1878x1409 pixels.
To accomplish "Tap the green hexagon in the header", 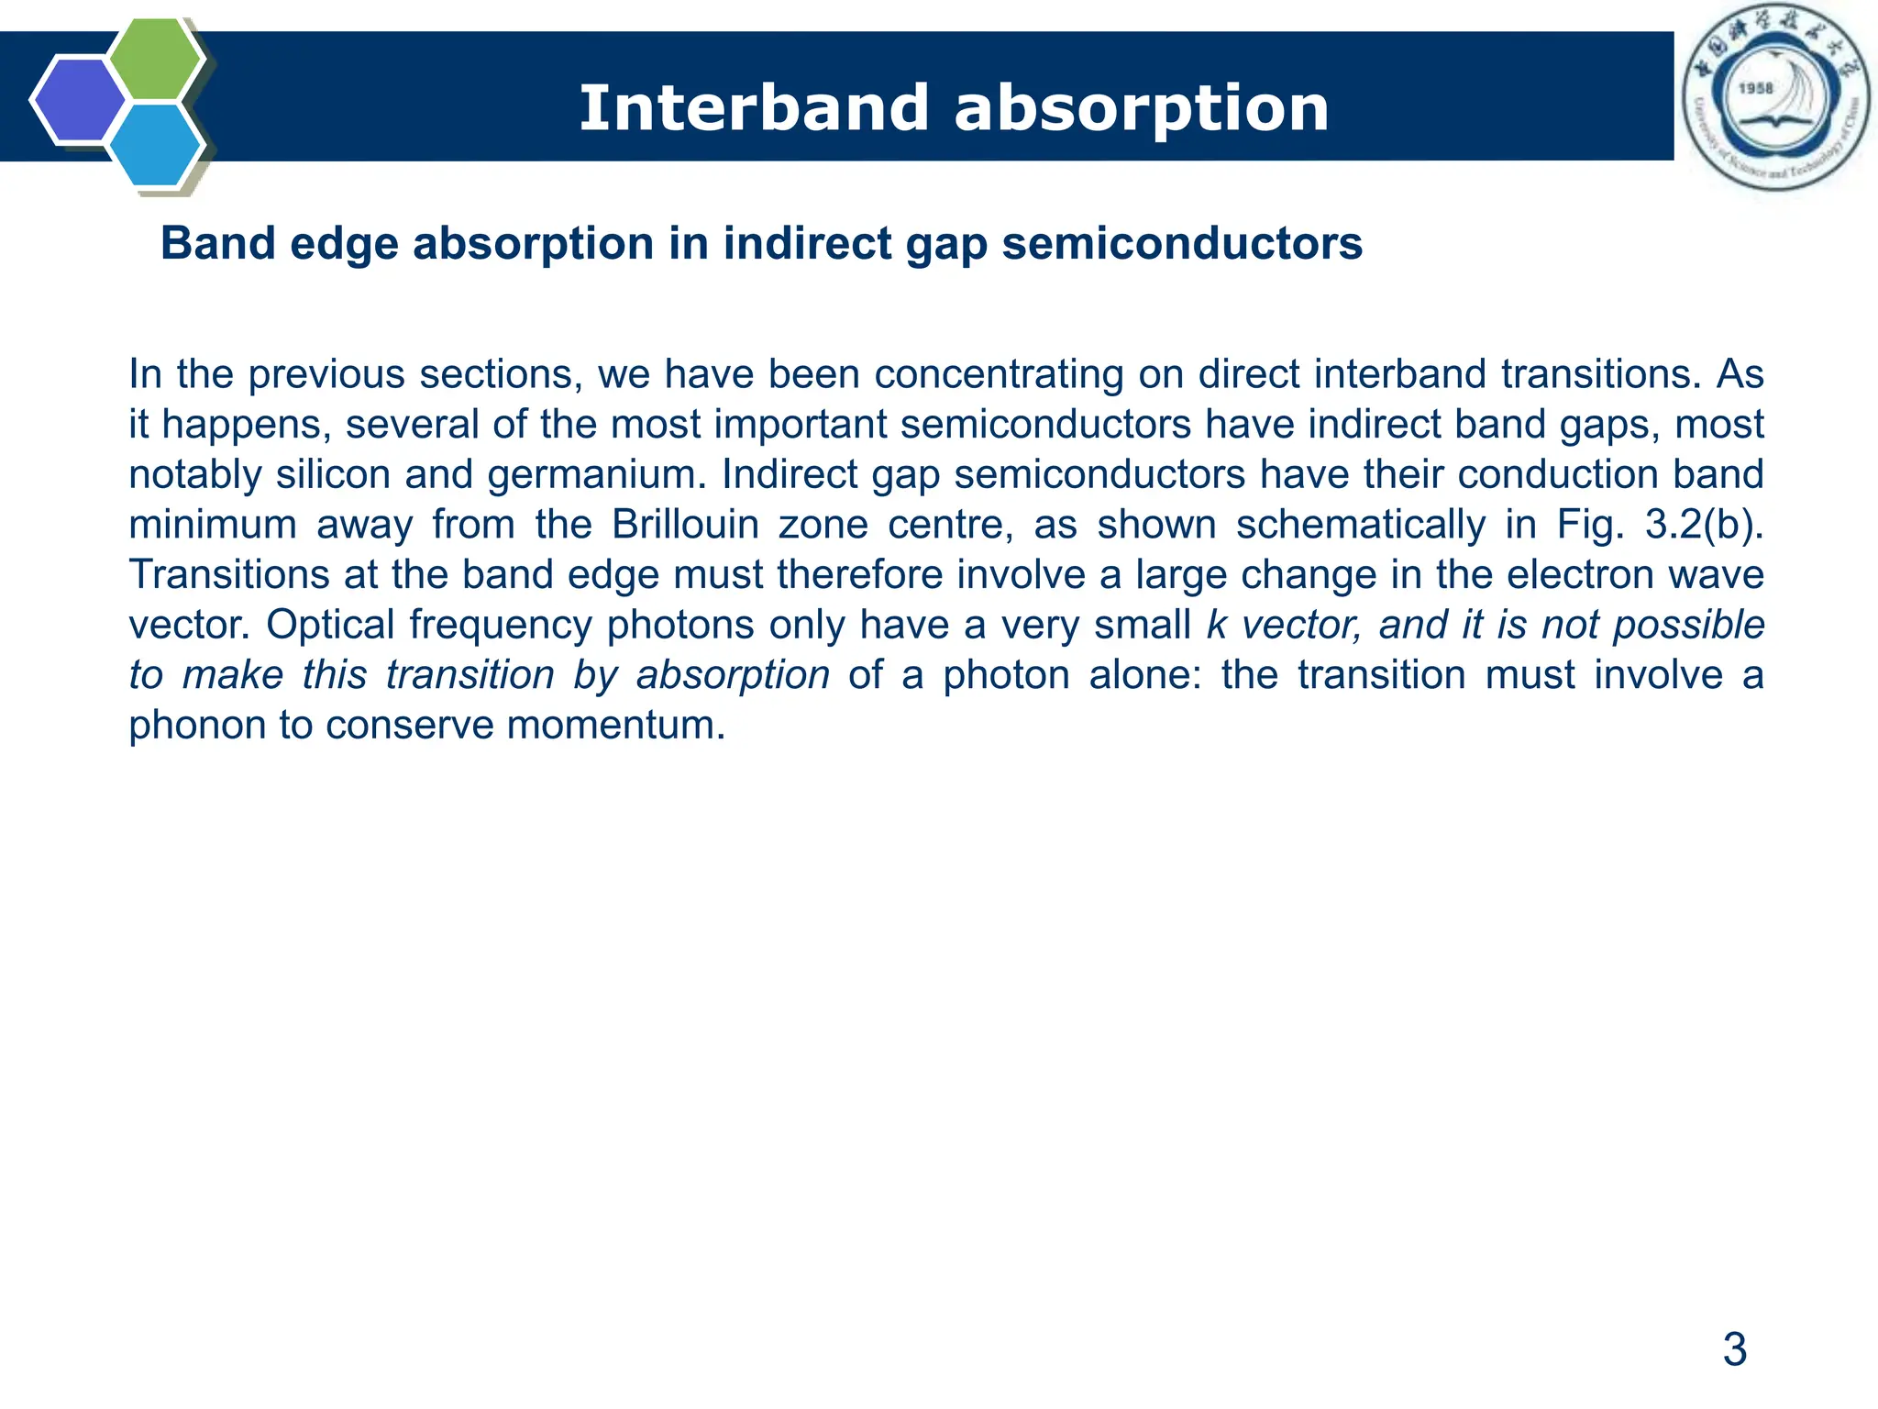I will pyautogui.click(x=155, y=58).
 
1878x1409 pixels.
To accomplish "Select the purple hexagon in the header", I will pyautogui.click(x=78, y=100).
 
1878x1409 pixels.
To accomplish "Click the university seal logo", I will pyautogui.click(x=1775, y=97).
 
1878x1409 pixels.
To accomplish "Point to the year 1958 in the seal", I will pyautogui.click(x=1756, y=88).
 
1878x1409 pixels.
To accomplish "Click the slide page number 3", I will pyautogui.click(x=1734, y=1349).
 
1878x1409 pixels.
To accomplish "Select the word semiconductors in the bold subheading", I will pyautogui.click(x=1182, y=244).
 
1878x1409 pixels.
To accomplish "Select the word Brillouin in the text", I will pyautogui.click(x=685, y=525).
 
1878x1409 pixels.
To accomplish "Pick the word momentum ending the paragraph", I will pyautogui.click(x=615, y=726).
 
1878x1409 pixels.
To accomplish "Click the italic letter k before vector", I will pyautogui.click(x=1217, y=626).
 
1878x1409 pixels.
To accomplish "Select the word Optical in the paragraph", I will pyautogui.click(x=330, y=626).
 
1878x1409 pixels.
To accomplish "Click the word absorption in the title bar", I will pyautogui.click(x=1141, y=108).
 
